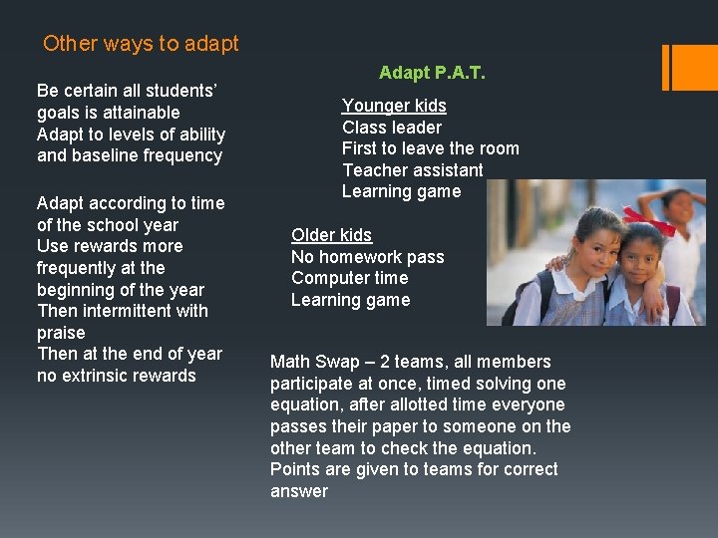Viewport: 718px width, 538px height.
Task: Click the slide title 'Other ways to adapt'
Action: click(x=141, y=44)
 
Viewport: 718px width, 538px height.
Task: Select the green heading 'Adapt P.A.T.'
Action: click(x=432, y=73)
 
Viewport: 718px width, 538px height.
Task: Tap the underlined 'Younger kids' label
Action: click(x=394, y=106)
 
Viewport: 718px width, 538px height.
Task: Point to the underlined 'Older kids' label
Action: click(x=331, y=235)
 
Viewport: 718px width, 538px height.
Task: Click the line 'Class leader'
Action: click(x=392, y=128)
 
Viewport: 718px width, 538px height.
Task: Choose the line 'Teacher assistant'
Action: click(x=413, y=170)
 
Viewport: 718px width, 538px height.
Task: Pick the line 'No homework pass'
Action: click(x=367, y=257)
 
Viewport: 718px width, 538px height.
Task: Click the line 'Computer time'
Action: click(x=349, y=278)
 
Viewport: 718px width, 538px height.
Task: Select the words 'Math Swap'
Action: click(x=311, y=362)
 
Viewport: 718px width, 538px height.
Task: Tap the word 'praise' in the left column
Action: click(x=61, y=333)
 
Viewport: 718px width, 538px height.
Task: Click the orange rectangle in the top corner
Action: click(x=696, y=67)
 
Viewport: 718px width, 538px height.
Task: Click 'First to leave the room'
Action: click(x=431, y=148)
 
